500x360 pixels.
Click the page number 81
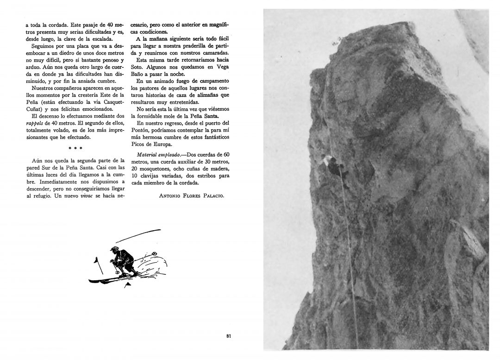click(x=229, y=336)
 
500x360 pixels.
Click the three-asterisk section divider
click(x=75, y=148)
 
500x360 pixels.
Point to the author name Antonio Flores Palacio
click(x=191, y=196)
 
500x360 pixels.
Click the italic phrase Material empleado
click(x=157, y=154)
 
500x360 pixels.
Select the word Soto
click(x=138, y=67)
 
